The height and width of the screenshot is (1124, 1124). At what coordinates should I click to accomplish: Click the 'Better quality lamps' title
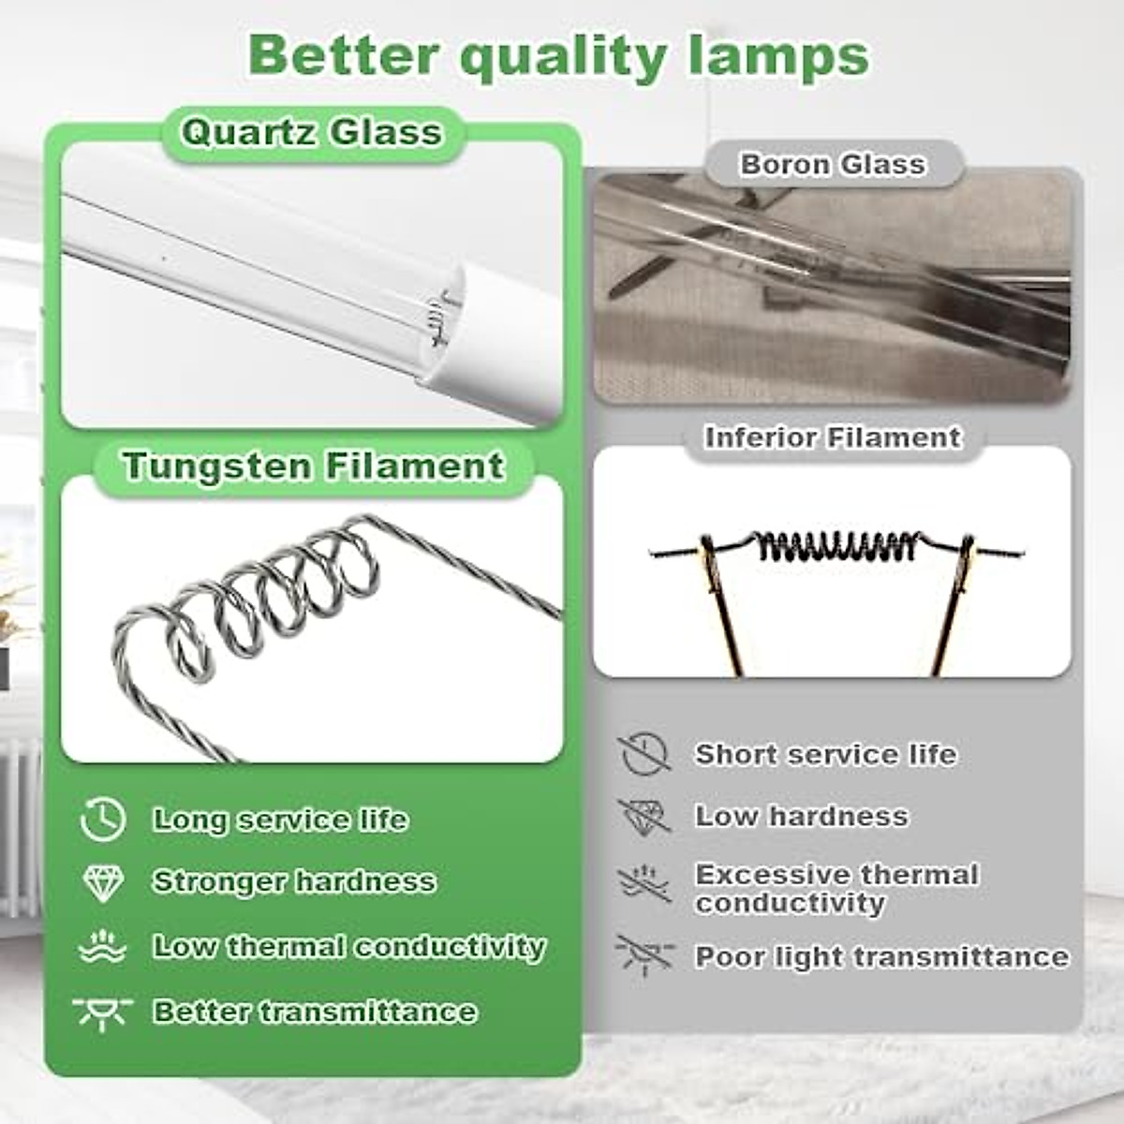click(559, 56)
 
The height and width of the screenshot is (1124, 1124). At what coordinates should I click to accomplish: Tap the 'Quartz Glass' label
click(311, 133)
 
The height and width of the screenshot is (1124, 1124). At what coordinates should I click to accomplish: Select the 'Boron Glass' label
click(832, 165)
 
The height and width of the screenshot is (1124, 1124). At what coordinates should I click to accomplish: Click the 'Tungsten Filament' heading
click(313, 466)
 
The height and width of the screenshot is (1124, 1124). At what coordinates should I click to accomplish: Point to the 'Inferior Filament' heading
click(833, 437)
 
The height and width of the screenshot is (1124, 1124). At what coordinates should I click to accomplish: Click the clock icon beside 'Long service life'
click(103, 820)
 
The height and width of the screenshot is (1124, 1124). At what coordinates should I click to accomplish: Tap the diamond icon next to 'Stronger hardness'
click(103, 882)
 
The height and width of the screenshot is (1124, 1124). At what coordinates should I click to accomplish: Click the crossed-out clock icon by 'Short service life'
click(644, 754)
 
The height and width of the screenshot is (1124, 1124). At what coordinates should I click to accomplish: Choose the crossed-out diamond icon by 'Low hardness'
click(644, 816)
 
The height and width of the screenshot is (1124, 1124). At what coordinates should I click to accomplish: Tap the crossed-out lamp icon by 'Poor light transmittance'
click(644, 955)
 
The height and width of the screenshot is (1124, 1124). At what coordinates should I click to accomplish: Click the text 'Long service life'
click(280, 821)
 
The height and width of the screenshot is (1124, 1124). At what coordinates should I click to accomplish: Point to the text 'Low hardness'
click(801, 817)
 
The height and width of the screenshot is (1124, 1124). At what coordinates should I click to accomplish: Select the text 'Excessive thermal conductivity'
click(836, 888)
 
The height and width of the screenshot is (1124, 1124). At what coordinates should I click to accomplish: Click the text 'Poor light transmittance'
click(881, 957)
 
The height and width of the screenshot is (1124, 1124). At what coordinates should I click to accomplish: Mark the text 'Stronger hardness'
click(294, 882)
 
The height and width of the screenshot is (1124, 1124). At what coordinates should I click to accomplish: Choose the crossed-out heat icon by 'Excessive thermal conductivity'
click(644, 883)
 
